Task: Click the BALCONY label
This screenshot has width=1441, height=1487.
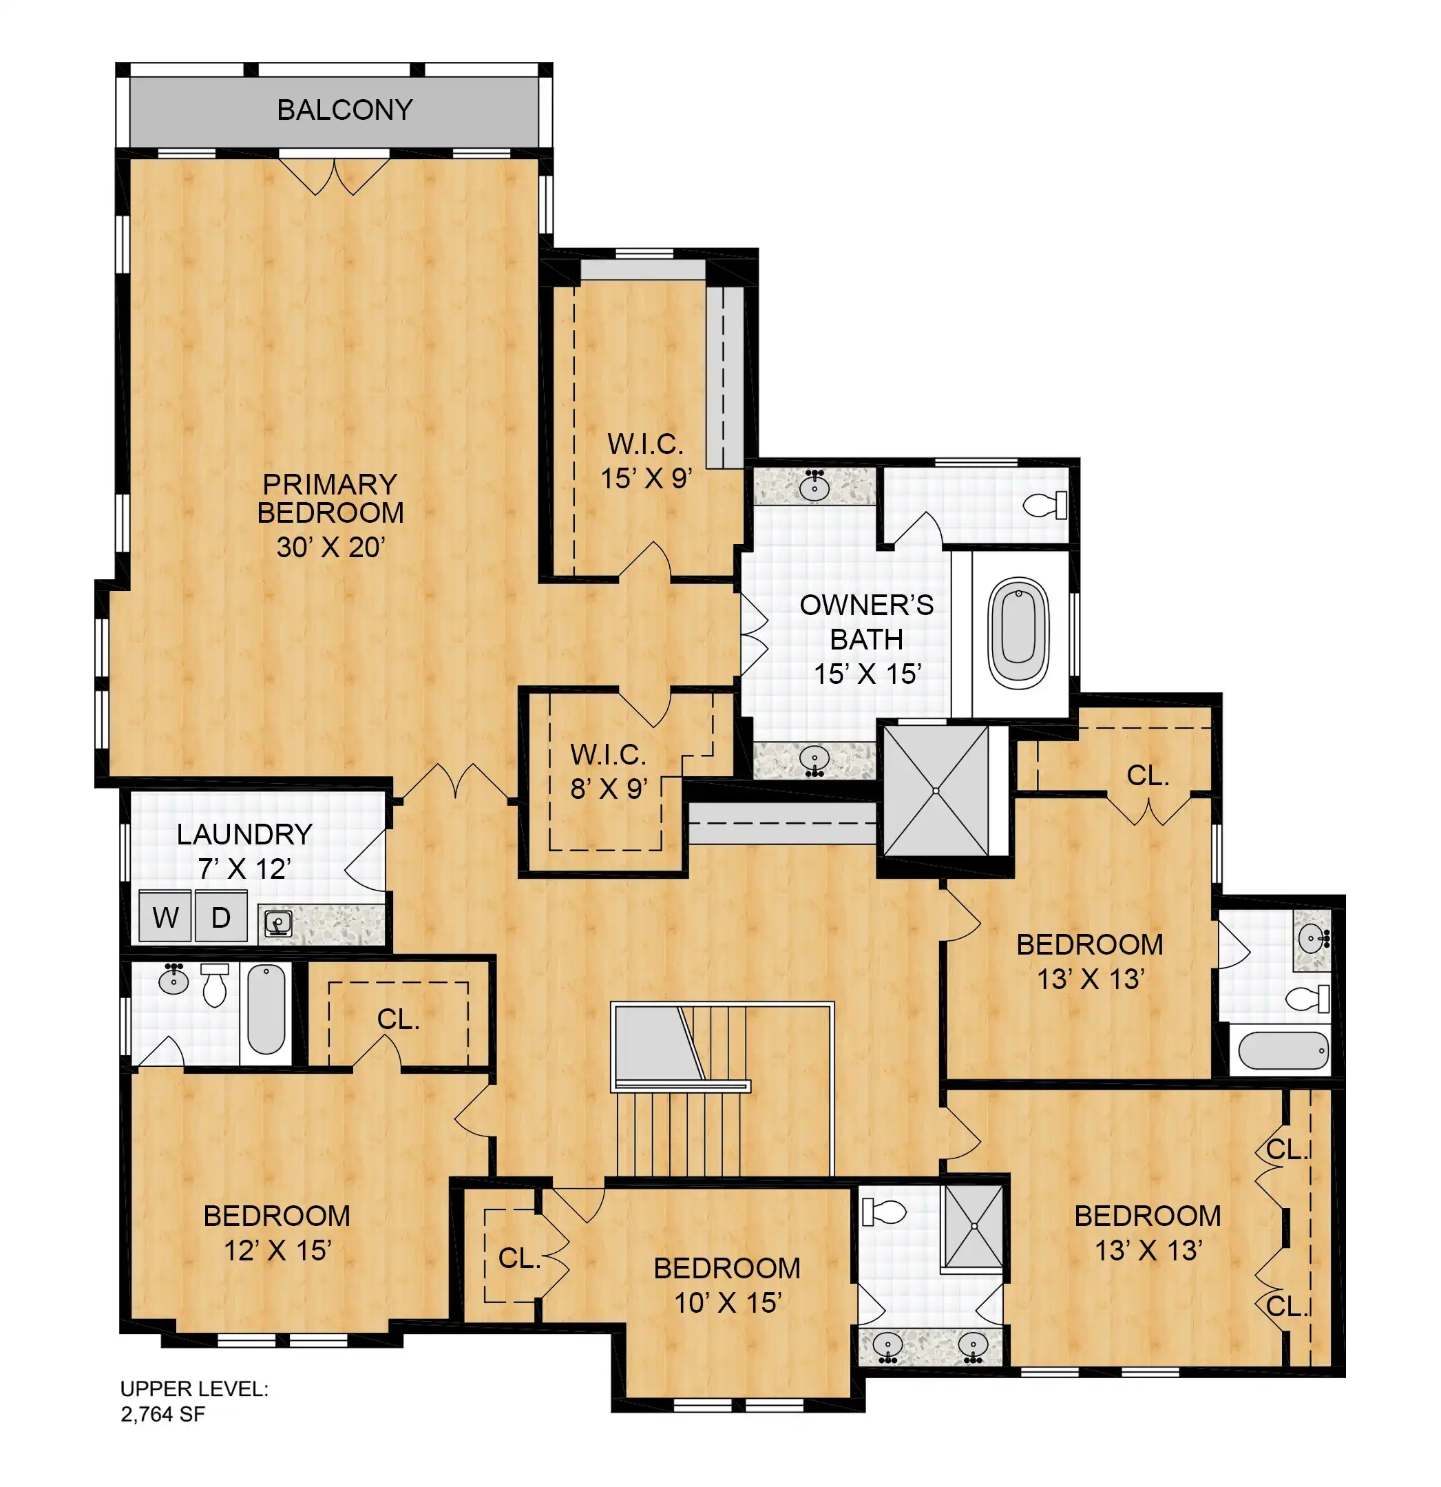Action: tap(344, 110)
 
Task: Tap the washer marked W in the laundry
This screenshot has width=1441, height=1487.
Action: tap(165, 917)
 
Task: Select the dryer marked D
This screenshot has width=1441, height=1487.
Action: tap(221, 917)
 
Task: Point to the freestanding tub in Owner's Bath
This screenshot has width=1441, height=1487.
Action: tap(1018, 634)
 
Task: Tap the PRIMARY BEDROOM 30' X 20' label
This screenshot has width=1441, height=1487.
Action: tap(330, 515)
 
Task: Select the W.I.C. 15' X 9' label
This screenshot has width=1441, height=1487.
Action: tap(646, 461)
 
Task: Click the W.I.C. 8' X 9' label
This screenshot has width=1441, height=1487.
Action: tap(608, 771)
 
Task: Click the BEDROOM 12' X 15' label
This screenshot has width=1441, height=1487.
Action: tap(277, 1234)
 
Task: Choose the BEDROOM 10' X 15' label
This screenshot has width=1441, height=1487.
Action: tap(726, 1285)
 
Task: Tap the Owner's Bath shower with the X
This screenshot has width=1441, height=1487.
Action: tap(936, 791)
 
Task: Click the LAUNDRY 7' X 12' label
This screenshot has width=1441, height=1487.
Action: tap(244, 851)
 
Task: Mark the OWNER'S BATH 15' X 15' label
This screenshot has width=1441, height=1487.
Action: tap(866, 638)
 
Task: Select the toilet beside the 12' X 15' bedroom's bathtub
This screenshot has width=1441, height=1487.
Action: tap(215, 985)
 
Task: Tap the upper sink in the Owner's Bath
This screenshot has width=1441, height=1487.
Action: tap(814, 486)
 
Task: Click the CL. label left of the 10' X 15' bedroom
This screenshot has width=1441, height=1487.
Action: tap(520, 1258)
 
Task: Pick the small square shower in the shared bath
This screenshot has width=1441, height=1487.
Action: tap(971, 1225)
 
